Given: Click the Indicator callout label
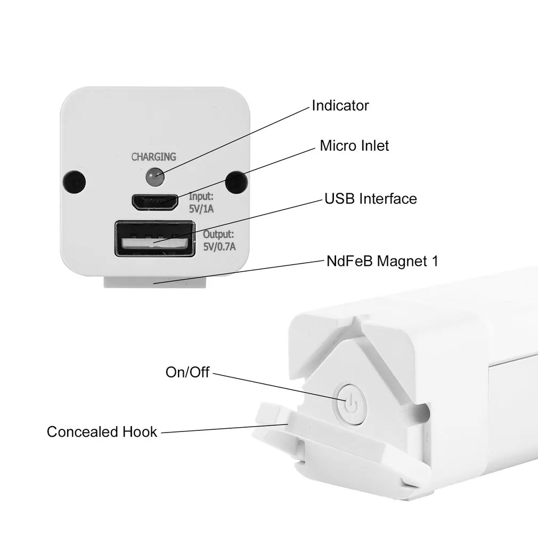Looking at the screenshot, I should point(340,105).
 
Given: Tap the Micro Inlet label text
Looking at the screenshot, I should point(354,145).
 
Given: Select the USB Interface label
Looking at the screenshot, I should point(371,199).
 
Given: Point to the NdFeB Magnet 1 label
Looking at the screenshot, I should point(382,262).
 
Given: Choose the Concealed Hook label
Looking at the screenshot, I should point(102,431).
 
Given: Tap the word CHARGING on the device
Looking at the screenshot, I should point(153,157).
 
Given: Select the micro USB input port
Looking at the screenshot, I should point(155,202).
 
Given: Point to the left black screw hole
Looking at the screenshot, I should point(75,182).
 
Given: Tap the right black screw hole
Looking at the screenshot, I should point(235,182).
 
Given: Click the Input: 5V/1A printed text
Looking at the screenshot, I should point(201,202).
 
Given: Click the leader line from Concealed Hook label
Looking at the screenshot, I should point(224,429).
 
